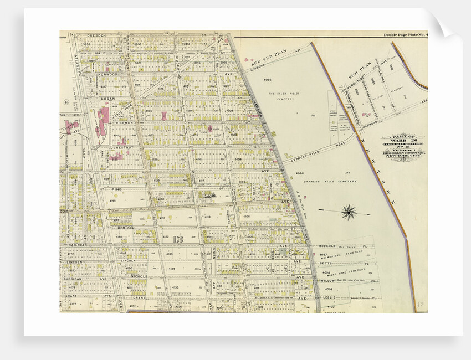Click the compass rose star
tap(349, 212)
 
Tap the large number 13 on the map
tap(178, 239)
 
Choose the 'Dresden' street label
tap(100, 35)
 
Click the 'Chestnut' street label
tap(123, 147)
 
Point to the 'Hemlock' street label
tap(126, 228)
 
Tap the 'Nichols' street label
tap(139, 276)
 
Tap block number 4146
tap(113, 200)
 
